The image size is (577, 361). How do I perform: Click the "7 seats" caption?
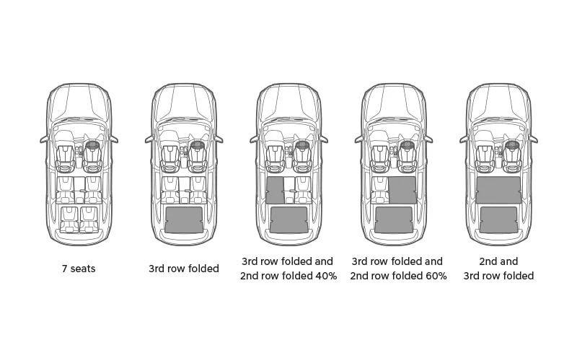(79, 269)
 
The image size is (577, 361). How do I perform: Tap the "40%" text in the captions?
(325, 276)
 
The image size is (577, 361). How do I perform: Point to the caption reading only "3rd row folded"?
(184, 269)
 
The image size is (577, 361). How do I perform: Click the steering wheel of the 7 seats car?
(92, 145)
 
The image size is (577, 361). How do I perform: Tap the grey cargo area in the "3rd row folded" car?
(184, 219)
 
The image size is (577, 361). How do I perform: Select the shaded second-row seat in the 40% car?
(274, 190)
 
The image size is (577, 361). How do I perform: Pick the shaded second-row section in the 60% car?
(402, 190)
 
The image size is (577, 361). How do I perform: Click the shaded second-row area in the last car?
(498, 190)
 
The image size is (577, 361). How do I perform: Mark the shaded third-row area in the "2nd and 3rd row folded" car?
(498, 219)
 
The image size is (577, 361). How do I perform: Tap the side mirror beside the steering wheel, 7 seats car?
(114, 139)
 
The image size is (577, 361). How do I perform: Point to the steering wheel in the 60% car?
(407, 145)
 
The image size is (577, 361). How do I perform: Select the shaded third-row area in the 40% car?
(288, 219)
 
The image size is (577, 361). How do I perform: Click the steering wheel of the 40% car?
(302, 145)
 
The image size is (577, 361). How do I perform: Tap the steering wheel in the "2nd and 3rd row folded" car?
(512, 145)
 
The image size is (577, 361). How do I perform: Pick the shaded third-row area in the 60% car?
(394, 219)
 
